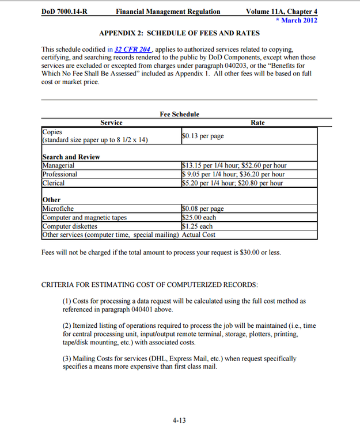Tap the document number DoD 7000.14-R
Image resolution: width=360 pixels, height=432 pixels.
pos(65,12)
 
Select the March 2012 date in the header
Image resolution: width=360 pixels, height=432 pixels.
pos(300,20)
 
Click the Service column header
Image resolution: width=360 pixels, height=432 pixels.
pos(111,123)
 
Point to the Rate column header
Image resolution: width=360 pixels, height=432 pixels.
pos(258,123)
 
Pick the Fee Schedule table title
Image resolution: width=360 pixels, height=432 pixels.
pos(179,114)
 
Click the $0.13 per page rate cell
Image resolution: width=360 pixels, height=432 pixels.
pos(203,137)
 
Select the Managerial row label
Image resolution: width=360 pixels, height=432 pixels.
pos(59,166)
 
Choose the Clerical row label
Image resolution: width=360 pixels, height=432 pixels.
pos(54,183)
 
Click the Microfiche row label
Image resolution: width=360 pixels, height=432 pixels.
pos(58,209)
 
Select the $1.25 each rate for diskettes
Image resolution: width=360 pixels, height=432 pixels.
pos(197,226)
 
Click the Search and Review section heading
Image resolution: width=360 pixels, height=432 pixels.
pos(71,157)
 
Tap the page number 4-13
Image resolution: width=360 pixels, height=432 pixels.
pos(179,420)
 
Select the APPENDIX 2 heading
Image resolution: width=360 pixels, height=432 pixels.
pos(179,33)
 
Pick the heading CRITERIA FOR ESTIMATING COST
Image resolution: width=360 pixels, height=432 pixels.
pos(150,285)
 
